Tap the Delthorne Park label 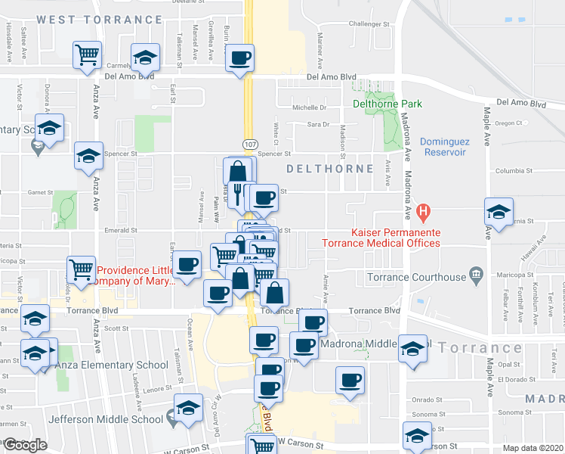(x=387, y=104)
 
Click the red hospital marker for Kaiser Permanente (x=425, y=210)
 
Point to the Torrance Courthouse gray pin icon (x=476, y=273)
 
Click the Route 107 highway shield (x=249, y=143)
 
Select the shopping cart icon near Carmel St (x=88, y=54)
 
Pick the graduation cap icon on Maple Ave (x=499, y=212)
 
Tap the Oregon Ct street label (x=508, y=123)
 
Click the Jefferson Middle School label (x=106, y=418)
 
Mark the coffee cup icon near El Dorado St (x=350, y=381)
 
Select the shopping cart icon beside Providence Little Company (x=81, y=269)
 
